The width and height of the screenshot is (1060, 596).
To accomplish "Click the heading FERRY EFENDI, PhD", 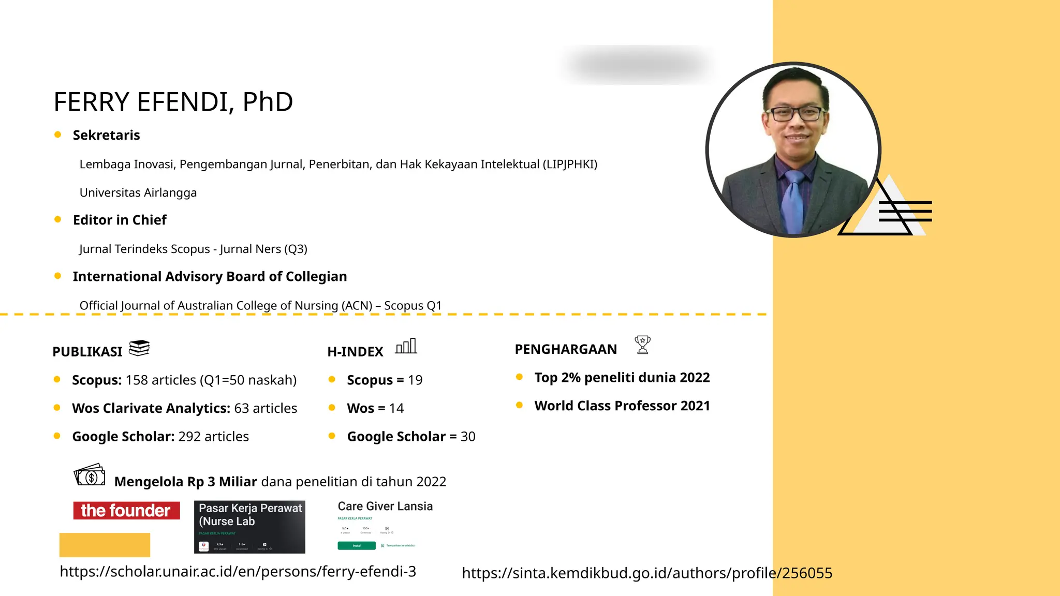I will (x=173, y=102).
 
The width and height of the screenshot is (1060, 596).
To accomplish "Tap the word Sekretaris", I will (x=106, y=135).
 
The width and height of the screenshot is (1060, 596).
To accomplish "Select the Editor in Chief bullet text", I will (x=120, y=220).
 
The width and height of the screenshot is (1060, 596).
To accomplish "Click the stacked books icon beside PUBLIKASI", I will (x=139, y=348).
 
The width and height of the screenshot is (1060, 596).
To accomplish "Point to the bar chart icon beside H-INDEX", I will (x=406, y=346).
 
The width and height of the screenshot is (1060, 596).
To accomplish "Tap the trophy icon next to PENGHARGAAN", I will (x=642, y=345).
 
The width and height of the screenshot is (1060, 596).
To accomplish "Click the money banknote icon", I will (x=90, y=475).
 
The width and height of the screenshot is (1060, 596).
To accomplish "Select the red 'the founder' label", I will (x=126, y=511).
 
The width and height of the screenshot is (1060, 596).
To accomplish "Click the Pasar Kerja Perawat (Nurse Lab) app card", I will (x=249, y=527).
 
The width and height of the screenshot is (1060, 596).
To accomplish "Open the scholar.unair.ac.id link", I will (x=238, y=572).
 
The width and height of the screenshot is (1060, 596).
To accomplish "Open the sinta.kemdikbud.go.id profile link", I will (x=647, y=573).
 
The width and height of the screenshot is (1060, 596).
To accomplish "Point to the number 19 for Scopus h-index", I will (x=415, y=380).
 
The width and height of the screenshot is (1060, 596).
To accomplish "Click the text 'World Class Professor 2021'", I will (x=622, y=406).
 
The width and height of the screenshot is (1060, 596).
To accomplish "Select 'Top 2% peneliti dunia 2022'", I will (x=622, y=378).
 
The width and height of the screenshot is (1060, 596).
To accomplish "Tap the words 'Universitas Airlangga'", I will (x=138, y=192).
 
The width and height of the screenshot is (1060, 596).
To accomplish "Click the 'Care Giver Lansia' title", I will (x=385, y=506).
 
